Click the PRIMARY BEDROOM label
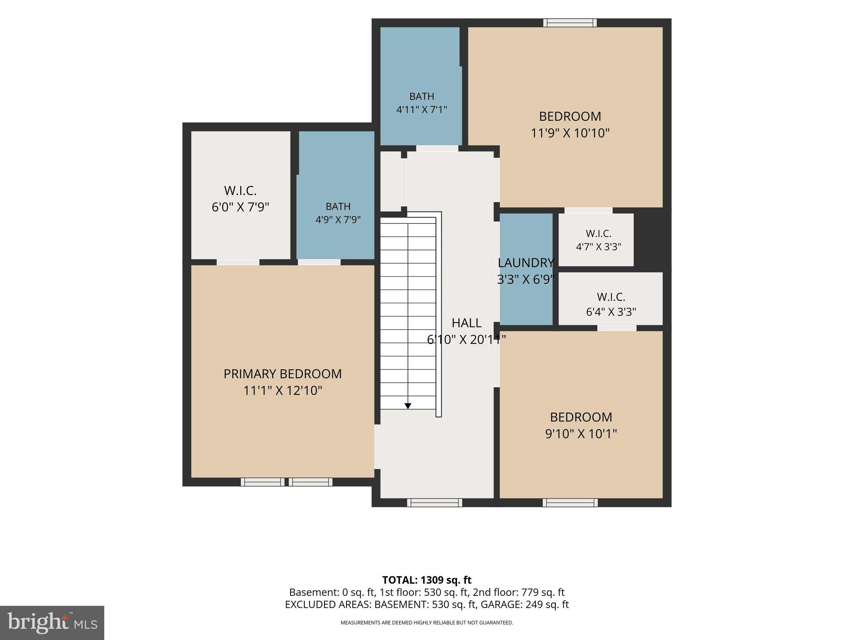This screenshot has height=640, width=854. click(283, 374)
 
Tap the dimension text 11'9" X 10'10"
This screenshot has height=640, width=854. click(570, 133)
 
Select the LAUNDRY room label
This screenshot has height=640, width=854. click(526, 262)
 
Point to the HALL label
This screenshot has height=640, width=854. click(467, 322)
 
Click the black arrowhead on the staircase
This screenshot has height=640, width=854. click(408, 406)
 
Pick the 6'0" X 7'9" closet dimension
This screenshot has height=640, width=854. click(241, 207)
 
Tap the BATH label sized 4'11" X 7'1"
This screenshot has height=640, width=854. click(422, 96)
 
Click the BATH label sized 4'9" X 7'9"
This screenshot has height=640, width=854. click(338, 206)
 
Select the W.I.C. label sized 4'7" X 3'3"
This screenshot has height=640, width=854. click(598, 233)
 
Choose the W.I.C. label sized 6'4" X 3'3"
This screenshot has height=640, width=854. click(611, 297)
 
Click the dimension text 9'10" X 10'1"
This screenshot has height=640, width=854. click(581, 434)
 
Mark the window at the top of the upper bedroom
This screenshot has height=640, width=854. click(570, 23)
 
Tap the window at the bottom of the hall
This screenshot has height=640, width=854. click(435, 502)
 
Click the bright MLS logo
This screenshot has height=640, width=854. click(52, 622)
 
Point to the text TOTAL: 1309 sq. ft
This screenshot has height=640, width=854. click(427, 580)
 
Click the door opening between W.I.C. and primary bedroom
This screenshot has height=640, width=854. click(238, 262)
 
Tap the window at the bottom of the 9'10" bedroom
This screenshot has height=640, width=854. click(570, 502)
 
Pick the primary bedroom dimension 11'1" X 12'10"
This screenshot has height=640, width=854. click(283, 391)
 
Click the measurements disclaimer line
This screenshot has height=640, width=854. click(427, 623)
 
